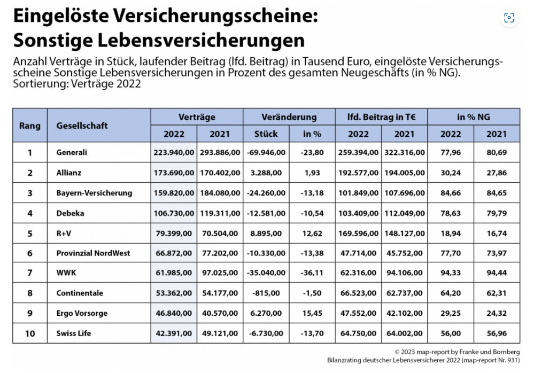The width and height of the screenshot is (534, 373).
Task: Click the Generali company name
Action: [72, 152]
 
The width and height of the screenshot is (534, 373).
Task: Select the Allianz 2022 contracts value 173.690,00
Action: [174, 173]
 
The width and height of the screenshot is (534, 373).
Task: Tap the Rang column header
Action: [29, 126]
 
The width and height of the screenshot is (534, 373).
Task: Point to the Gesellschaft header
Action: [82, 126]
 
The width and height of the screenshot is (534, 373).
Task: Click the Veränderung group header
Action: [289, 117]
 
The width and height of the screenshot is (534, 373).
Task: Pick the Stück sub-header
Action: [266, 134]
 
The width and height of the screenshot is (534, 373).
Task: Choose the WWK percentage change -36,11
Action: [312, 273]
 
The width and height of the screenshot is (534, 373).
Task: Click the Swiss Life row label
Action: [74, 333]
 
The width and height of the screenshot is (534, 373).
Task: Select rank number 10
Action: [30, 333]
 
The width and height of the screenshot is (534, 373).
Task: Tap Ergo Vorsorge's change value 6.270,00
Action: [266, 313]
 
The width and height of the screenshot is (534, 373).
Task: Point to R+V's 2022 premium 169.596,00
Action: [358, 234]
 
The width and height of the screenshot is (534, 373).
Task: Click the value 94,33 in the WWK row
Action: [451, 273]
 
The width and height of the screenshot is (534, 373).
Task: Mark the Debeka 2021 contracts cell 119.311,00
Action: [220, 213]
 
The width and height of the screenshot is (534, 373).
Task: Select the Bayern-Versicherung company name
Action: [94, 193]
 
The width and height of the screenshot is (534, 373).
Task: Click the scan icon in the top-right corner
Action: [509, 18]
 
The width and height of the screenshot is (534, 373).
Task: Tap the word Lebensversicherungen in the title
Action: [201, 40]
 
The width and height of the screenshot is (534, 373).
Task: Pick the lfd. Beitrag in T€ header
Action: [382, 117]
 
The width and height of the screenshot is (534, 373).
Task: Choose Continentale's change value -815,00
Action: [266, 293]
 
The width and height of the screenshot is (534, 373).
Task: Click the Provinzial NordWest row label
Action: [93, 253]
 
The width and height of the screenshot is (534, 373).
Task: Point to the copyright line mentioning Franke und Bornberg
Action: [457, 352]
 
